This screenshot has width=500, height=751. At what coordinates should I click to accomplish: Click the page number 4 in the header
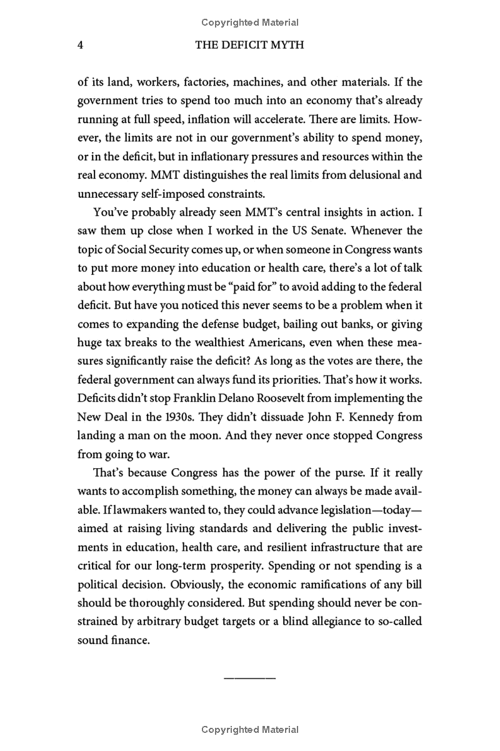80,46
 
